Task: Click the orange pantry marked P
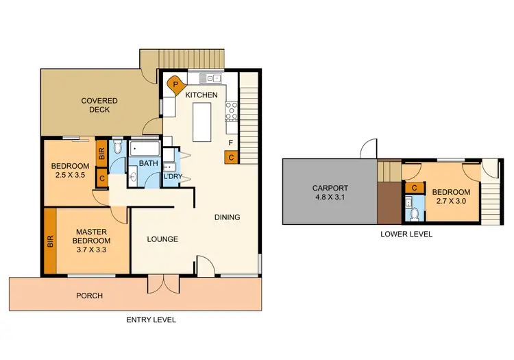coord(176,84)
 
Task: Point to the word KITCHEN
coord(201,95)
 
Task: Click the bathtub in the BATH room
coord(145,147)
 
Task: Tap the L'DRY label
coord(171,176)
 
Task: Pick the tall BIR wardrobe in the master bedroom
coord(50,241)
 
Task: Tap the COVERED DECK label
coord(99,106)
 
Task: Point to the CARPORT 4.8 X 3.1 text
coord(330,193)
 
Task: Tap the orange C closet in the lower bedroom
coord(413,188)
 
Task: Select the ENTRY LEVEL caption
coord(151,320)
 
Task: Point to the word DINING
coord(228,217)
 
